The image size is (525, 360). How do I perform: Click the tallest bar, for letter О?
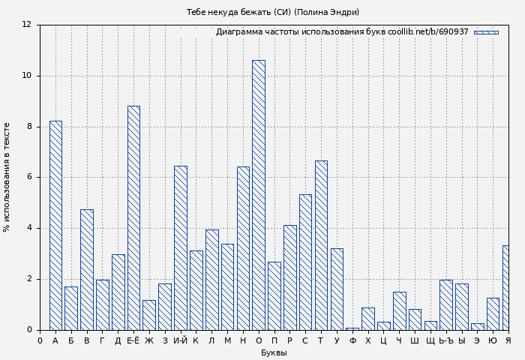(x=259, y=195)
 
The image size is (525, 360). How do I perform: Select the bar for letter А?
(x=55, y=225)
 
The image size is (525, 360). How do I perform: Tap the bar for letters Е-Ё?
(x=133, y=217)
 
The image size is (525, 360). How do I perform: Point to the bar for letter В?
(x=87, y=269)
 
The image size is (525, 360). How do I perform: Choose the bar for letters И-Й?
(x=181, y=247)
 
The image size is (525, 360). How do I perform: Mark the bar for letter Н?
(x=243, y=248)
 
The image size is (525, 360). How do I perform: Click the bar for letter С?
(x=305, y=262)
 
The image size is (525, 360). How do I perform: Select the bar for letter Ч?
(x=399, y=310)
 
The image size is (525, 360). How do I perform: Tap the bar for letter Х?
(x=367, y=319)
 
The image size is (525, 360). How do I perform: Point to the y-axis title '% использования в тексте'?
(x=7, y=177)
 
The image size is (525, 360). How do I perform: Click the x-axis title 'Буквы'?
(x=274, y=352)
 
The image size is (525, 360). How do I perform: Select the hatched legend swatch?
(x=486, y=32)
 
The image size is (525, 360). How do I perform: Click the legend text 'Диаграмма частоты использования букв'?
(x=300, y=32)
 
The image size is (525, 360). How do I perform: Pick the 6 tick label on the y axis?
(x=28, y=177)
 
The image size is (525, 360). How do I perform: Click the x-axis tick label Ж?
(x=149, y=341)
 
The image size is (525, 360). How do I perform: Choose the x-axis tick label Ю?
(x=493, y=341)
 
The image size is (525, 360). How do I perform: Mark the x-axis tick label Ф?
(x=352, y=341)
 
